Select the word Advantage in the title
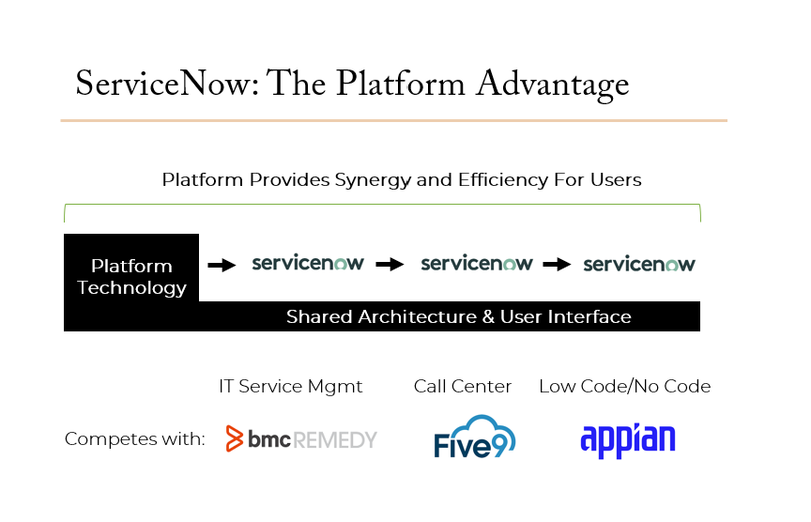pos(552,84)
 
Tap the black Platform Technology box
pos(131,268)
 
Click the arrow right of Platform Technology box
pos(222,266)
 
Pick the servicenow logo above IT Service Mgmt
pos(308,263)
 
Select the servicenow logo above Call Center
pos(477,263)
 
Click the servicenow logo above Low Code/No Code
pos(639,264)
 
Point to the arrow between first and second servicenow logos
pos(390,265)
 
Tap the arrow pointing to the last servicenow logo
pos(557,265)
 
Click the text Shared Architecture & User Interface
pos(459,316)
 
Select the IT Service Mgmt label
pos(291,387)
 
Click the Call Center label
pos(463,387)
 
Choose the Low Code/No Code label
pos(625,387)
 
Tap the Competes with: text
pos(135,438)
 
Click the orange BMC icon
pos(235,438)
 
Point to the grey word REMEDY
pos(335,440)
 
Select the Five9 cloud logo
pos(475,437)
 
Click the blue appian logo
pos(628,440)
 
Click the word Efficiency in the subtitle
pos(503,180)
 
